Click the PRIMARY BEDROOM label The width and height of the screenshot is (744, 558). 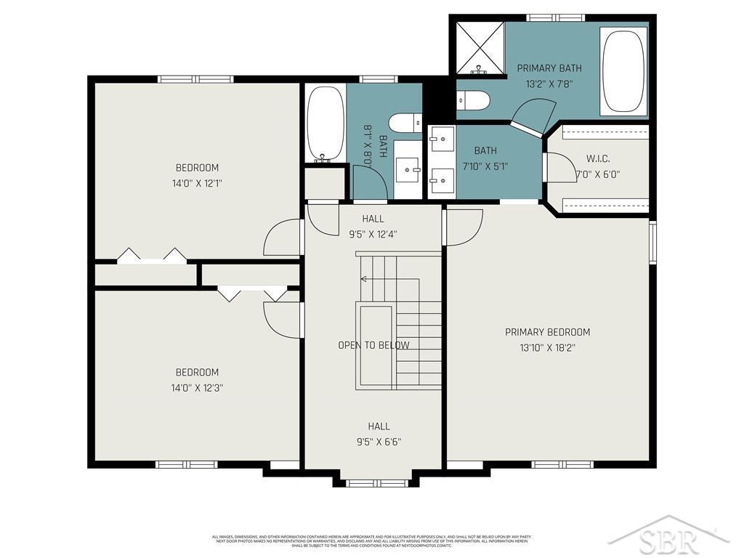547,332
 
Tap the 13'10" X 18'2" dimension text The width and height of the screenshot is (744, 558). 547,348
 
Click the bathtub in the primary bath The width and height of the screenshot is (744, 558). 623,71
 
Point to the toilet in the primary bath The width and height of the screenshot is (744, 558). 474,100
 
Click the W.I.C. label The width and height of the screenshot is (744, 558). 597,158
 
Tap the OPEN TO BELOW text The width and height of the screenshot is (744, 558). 373,345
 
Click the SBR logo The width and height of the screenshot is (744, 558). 668,539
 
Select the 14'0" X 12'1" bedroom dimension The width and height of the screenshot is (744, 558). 196,183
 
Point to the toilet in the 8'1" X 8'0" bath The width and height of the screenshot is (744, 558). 404,122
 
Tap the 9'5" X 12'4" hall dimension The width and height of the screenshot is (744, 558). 373,234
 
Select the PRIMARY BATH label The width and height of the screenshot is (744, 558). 549,68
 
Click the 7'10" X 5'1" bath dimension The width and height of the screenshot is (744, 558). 485,166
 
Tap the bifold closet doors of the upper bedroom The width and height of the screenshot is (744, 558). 151,255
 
